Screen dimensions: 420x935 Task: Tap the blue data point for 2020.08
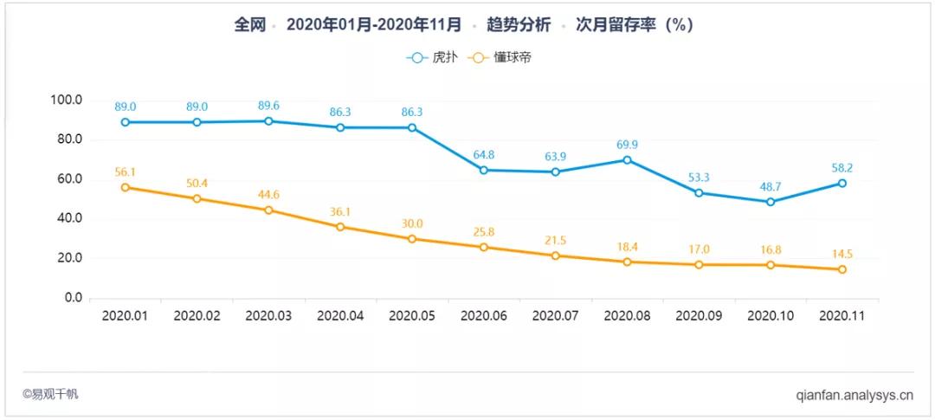click(x=627, y=160)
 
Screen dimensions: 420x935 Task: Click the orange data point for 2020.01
click(x=126, y=187)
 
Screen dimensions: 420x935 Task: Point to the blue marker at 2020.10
click(x=770, y=202)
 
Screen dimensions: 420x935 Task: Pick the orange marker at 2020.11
click(x=841, y=269)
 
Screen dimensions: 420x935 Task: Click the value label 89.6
click(x=268, y=106)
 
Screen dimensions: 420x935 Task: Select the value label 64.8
click(x=484, y=155)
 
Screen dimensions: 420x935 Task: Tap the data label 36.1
click(x=340, y=211)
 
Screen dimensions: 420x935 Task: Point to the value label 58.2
click(x=841, y=168)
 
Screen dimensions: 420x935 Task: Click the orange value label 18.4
click(x=627, y=247)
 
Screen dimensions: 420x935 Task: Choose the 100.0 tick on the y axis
click(x=66, y=100)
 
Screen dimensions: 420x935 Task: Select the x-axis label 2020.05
click(x=411, y=317)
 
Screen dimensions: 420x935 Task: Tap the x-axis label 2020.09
click(x=698, y=317)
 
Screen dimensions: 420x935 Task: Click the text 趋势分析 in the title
click(x=519, y=25)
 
